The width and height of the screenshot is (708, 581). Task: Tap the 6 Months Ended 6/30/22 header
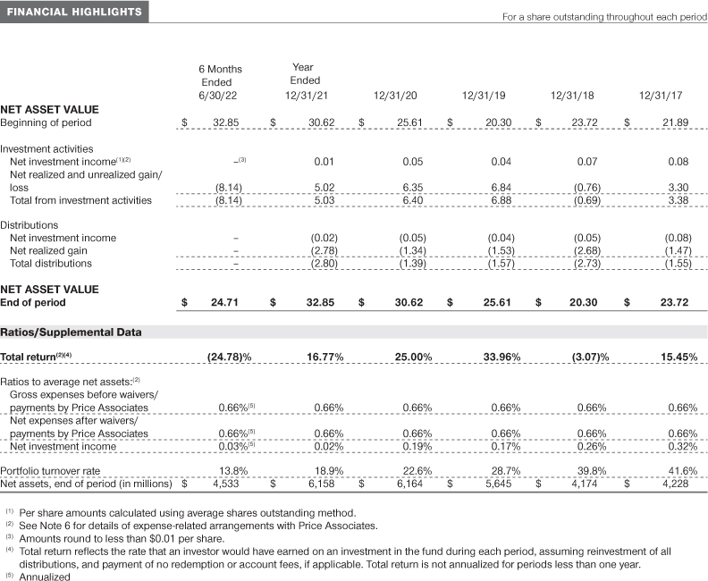click(220, 81)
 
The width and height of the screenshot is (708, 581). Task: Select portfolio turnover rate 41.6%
click(682, 470)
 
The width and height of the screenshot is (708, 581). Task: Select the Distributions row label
click(29, 225)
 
